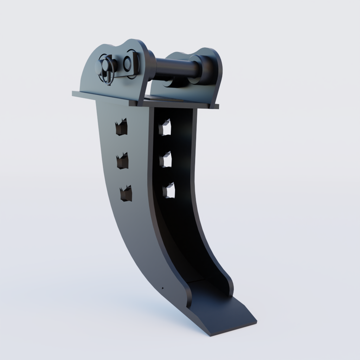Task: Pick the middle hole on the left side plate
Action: [122, 161]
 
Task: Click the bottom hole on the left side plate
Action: [126, 194]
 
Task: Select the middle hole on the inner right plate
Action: [165, 160]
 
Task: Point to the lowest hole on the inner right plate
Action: [168, 191]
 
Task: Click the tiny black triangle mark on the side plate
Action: [162, 288]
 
